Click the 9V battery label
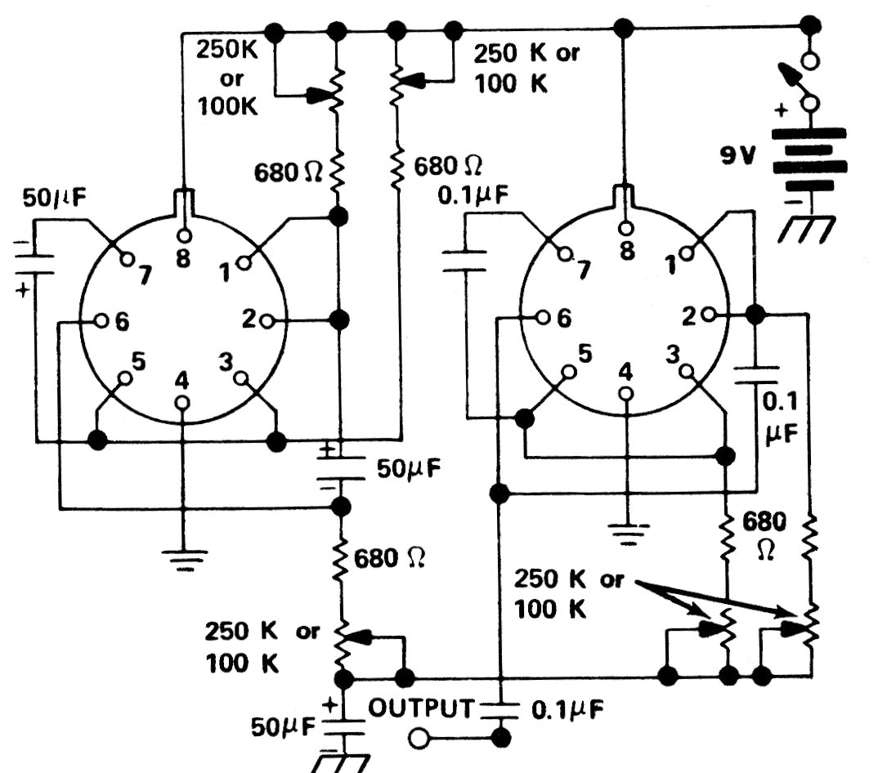pos(737,155)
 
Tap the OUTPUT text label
pos(420,708)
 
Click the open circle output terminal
pos(419,739)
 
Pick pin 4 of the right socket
pos(626,393)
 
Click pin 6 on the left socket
pos(101,320)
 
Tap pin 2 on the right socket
pos(711,314)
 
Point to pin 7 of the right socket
pos(564,254)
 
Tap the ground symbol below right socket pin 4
pos(627,534)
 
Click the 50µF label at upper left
pos(54,198)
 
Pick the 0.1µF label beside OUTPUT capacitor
pos(567,709)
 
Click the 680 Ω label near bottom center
pos(389,559)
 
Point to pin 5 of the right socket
pos(570,372)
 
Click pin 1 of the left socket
pos(244,263)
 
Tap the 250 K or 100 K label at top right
pos(526,68)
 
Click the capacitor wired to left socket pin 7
pos(34,265)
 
